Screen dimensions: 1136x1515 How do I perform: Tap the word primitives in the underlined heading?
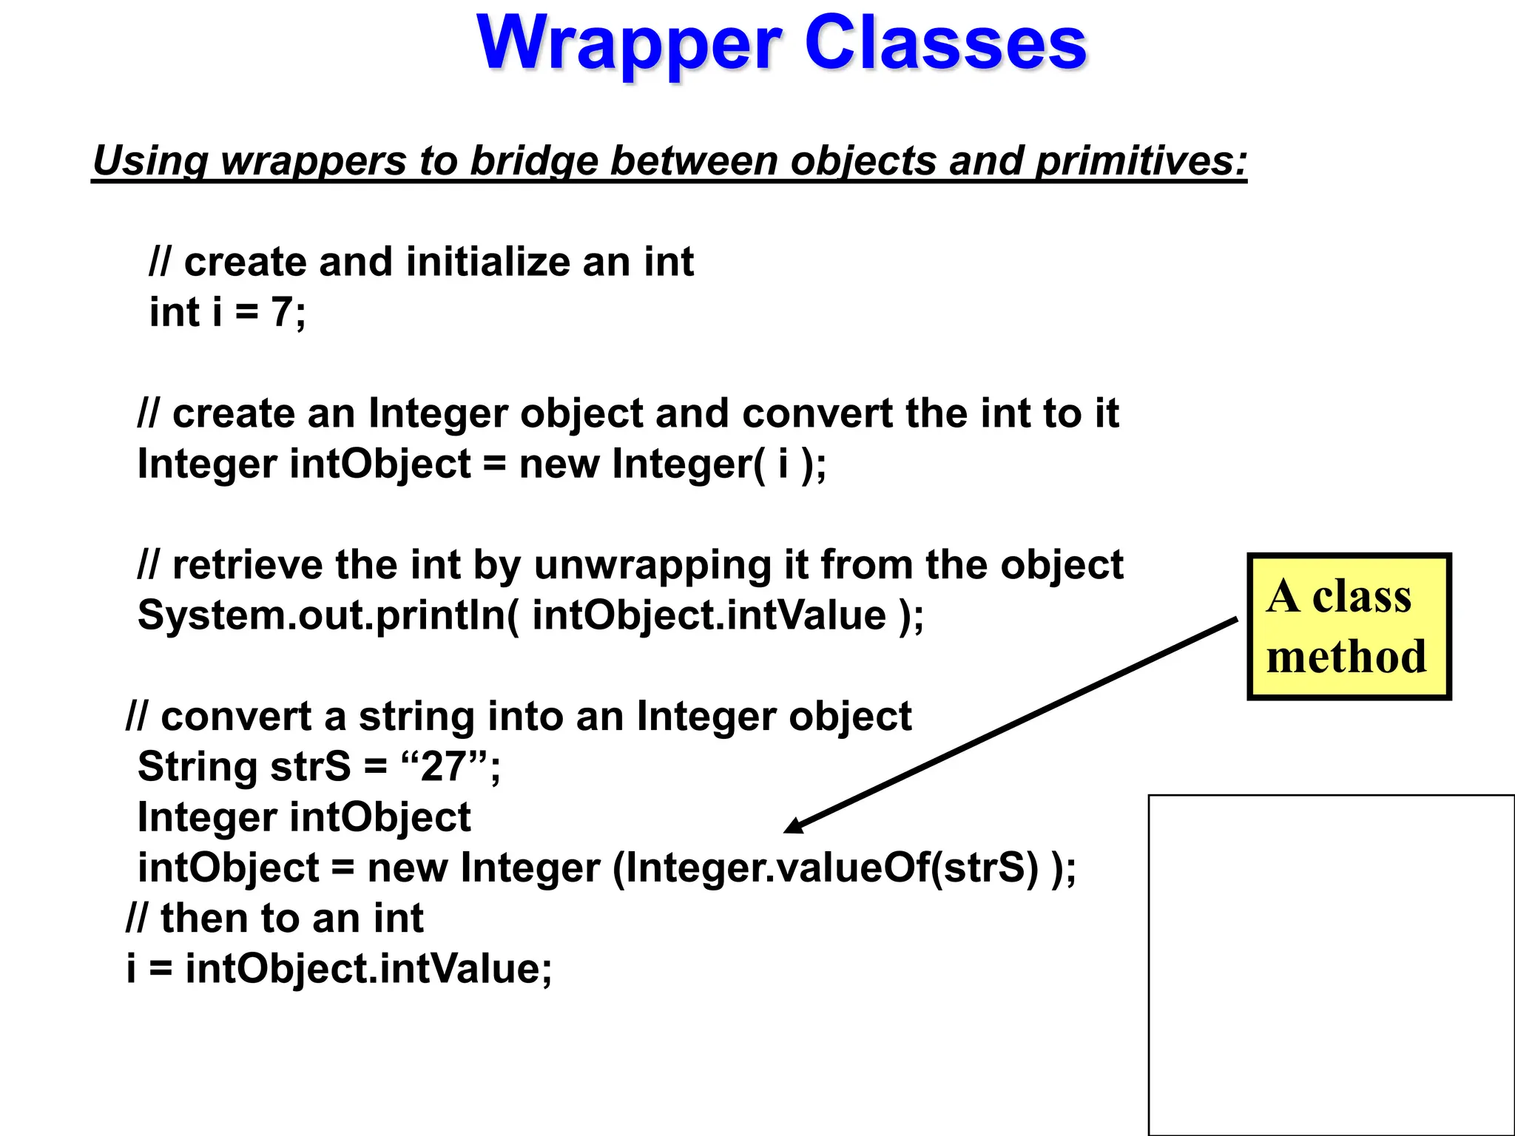[1140, 160]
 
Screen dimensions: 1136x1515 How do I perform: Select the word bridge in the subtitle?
[533, 160]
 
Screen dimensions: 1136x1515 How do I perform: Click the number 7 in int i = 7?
[282, 312]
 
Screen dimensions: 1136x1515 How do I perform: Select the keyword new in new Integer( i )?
[559, 464]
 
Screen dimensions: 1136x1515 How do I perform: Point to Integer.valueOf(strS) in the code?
[833, 868]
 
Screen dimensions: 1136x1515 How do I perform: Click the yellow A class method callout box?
[1349, 626]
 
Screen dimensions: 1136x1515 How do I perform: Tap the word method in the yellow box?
[1346, 657]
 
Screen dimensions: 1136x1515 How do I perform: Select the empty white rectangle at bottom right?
[1331, 964]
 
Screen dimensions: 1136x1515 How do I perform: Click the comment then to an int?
[274, 919]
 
